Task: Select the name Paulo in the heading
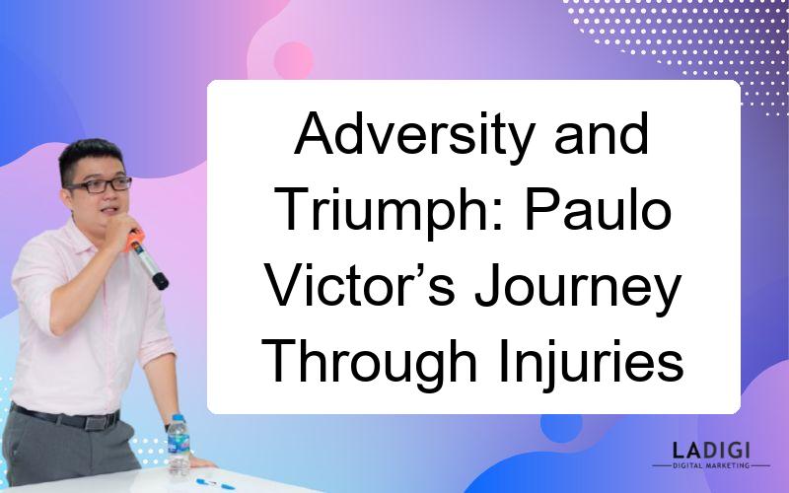pyautogui.click(x=599, y=208)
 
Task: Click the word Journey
pyautogui.click(x=578, y=292)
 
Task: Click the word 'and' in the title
pyautogui.click(x=601, y=132)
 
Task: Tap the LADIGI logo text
pyautogui.click(x=711, y=451)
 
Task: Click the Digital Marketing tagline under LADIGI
pyautogui.click(x=711, y=465)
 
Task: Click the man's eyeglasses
pyautogui.click(x=101, y=185)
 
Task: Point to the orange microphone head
pyautogui.click(x=134, y=241)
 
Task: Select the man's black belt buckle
pyautogui.click(x=95, y=422)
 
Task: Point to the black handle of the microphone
pyautogui.click(x=153, y=269)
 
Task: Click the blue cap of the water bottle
pyautogui.click(x=178, y=417)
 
